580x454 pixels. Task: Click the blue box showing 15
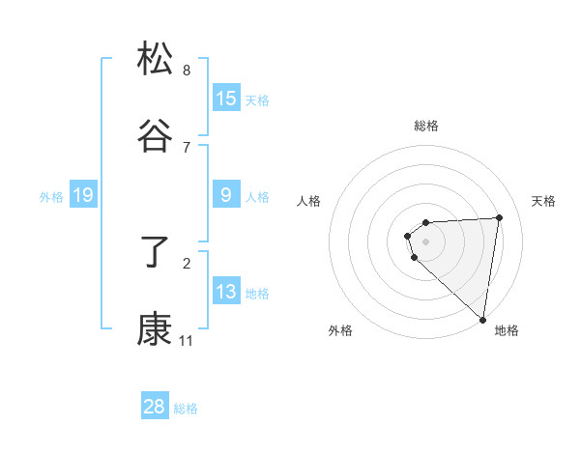coord(226,99)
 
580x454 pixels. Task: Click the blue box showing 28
coord(155,407)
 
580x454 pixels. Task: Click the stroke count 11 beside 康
coord(186,341)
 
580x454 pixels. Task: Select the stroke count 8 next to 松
coord(187,70)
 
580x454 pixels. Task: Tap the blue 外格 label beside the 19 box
coord(51,197)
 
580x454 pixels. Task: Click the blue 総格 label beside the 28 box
coord(186,409)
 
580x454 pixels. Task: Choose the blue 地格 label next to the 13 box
coord(257,294)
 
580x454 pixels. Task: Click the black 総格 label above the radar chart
coord(425,126)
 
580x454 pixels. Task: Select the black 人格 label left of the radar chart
coord(309,201)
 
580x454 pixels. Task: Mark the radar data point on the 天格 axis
coord(499,217)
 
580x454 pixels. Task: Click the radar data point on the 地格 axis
coord(483,319)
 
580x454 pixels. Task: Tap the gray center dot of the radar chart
coord(425,240)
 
